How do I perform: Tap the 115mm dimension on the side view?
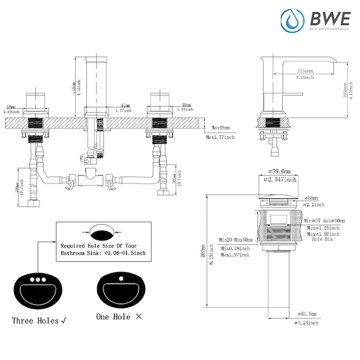pyautogui.click(x=305, y=71)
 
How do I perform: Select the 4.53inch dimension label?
pyautogui.click(x=305, y=77)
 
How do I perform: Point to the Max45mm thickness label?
pyautogui.click(x=220, y=128)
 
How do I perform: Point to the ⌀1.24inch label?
pyautogui.click(x=306, y=323)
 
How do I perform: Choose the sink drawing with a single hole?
pyautogui.click(x=122, y=290)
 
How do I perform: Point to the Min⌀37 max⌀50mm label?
pyautogui.click(x=324, y=220)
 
